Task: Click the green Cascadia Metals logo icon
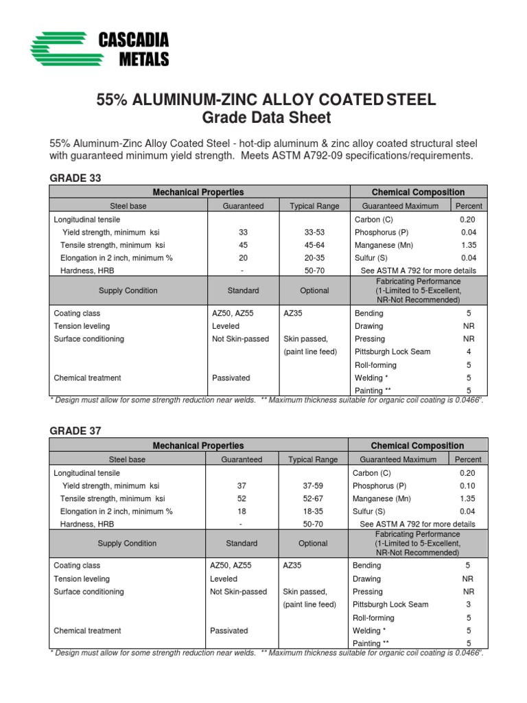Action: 58,50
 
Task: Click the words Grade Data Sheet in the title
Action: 266,117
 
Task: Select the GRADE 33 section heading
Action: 75,178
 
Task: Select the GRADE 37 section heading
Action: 75,430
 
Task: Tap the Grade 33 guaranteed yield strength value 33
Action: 243,233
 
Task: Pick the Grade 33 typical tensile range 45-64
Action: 314,245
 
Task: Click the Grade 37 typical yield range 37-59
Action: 313,485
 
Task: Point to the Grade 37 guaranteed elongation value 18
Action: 241,511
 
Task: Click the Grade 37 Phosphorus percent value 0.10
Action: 468,485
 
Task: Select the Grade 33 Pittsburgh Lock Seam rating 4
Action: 469,351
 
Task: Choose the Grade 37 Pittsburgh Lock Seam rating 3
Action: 468,604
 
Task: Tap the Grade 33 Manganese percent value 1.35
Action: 469,245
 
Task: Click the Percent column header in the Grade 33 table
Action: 469,205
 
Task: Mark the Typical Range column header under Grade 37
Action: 313,459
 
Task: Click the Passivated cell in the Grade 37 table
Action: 230,630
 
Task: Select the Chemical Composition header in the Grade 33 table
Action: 418,192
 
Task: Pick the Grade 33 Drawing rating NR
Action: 469,326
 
